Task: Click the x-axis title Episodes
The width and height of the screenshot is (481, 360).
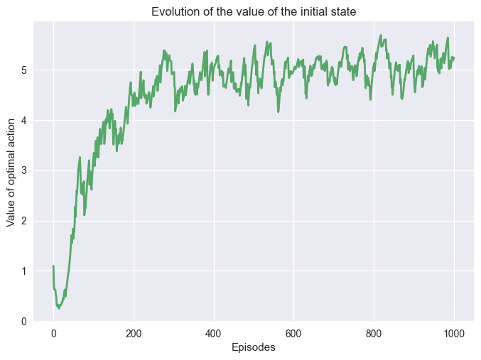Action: click(x=253, y=347)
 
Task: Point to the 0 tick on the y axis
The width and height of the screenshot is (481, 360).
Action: click(x=25, y=322)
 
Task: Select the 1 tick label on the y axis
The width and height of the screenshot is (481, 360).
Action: click(x=25, y=271)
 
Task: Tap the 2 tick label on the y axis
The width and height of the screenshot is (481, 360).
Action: click(x=25, y=221)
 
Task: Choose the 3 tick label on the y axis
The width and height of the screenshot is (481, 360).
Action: click(x=25, y=170)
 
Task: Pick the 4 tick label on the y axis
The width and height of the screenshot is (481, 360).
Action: click(x=25, y=120)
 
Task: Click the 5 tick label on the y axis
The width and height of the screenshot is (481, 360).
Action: click(x=25, y=70)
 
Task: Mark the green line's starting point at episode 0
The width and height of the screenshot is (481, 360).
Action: click(x=53, y=266)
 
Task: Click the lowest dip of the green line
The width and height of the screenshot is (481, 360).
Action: click(x=59, y=308)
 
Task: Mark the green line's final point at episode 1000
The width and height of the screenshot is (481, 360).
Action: click(x=453, y=58)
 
